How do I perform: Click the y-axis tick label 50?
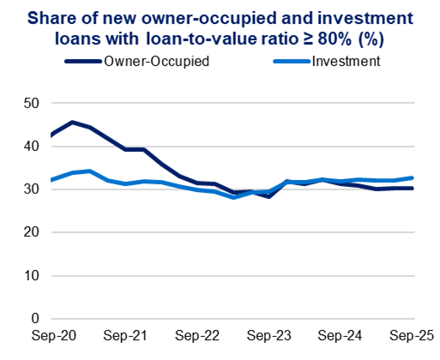coord(31,103)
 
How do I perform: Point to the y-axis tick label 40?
coord(31,146)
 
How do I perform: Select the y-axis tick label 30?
coord(31,189)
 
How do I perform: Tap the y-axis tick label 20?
coord(31,232)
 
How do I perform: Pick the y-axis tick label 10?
coord(31,276)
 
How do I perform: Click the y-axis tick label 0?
coord(35,319)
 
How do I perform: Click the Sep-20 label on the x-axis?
coord(51,336)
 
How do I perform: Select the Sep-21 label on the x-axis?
coord(124,336)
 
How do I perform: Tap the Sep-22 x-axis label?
coord(197,336)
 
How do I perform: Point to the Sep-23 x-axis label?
coord(270,336)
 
